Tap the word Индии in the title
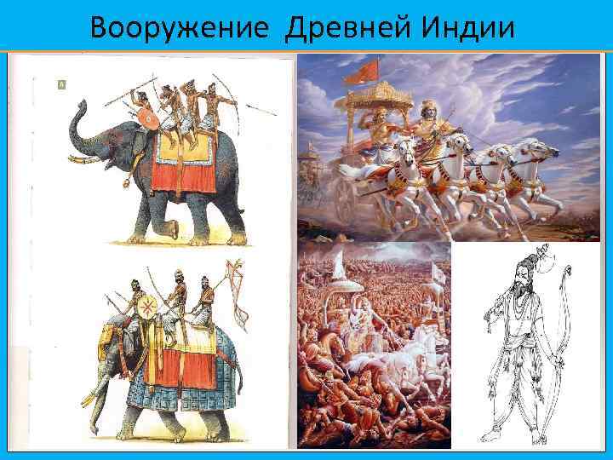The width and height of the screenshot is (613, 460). click(x=463, y=29)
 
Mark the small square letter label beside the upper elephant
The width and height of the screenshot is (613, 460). click(x=60, y=84)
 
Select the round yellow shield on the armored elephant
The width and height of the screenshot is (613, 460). click(x=147, y=308)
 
